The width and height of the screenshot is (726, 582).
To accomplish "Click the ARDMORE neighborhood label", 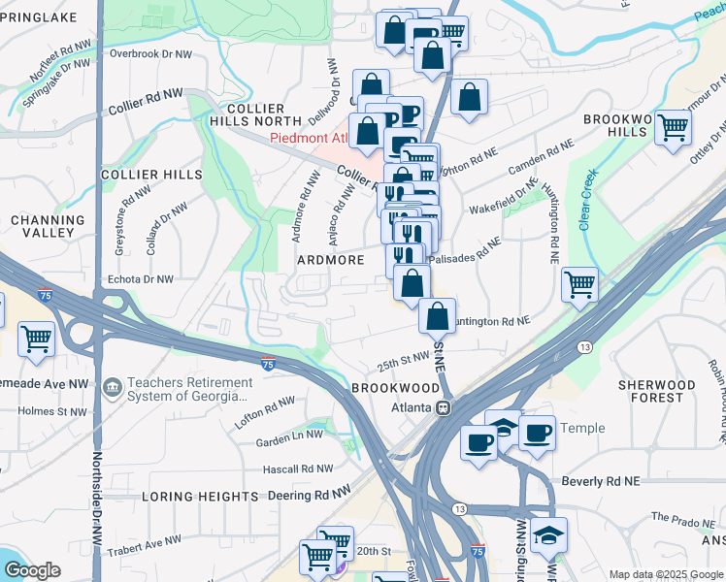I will point(330,260).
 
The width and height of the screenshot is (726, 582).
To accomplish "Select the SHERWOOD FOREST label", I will point(657,391).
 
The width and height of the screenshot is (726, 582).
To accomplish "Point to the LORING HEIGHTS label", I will point(200,496).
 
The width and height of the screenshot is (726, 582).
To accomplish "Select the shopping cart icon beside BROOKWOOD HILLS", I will point(673,127).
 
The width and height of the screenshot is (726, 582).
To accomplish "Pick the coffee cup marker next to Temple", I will point(536,433).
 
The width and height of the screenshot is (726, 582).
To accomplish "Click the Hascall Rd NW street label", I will point(298,469).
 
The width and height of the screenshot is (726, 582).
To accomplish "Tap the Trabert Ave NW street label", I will point(145,540).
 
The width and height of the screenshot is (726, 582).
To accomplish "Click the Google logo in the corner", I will point(32,570).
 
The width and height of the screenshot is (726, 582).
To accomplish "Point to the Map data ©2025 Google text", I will point(665,574).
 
